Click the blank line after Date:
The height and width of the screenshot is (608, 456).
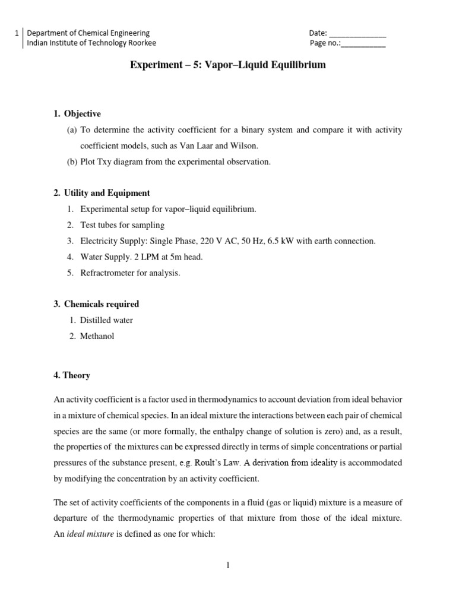[x=357, y=34]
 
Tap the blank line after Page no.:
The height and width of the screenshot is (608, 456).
[x=363, y=43]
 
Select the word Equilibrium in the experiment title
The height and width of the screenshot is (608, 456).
[x=296, y=65]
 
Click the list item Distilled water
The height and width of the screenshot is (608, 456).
[x=107, y=320]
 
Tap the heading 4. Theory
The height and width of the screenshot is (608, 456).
[x=72, y=375]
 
